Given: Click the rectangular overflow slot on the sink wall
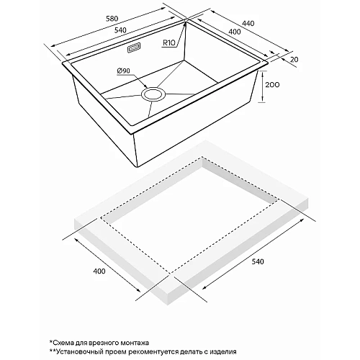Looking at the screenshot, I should pyautogui.click(x=134, y=49).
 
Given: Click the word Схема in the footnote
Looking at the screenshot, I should pyautogui.click(x=66, y=342).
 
